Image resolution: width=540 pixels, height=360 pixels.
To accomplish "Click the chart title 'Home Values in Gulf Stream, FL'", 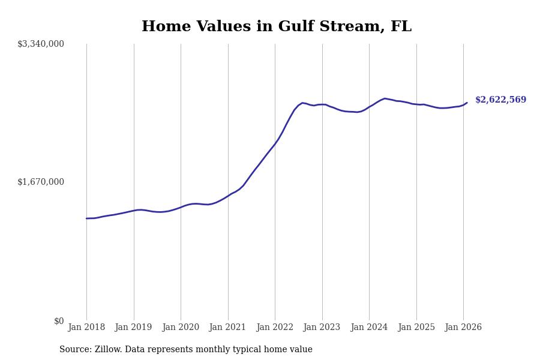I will coord(277,27).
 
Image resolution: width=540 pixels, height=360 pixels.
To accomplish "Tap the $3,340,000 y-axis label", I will coord(41,44).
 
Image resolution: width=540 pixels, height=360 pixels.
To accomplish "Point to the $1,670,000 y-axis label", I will coord(41,182).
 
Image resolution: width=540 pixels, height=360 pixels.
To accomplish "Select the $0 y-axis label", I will coord(59,321).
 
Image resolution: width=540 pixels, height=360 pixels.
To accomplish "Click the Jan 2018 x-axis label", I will coord(86,328).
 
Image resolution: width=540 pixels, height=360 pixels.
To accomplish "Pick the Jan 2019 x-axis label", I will coord(133,328).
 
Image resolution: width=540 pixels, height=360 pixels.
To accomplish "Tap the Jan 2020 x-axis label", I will coord(181,328).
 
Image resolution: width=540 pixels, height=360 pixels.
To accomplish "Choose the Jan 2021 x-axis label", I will coord(227,328).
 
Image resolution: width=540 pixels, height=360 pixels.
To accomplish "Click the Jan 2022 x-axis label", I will coord(275,328).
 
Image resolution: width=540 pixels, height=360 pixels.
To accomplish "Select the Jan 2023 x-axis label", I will coord(322,328).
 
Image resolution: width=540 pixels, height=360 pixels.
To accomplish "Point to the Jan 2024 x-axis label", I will coord(369,328).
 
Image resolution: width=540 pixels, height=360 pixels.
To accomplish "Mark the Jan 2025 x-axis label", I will coord(416,328).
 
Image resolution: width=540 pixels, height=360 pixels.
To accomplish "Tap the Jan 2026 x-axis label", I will coord(463,328).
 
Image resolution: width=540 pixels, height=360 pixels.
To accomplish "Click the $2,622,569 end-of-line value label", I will coord(500,100).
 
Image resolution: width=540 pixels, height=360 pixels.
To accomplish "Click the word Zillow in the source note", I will coord(109,350).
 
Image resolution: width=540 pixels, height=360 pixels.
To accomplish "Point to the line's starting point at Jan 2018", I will coord(86,218).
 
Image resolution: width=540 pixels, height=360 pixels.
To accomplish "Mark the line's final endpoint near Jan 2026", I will coord(467,103).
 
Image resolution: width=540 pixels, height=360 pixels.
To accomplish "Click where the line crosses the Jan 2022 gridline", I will coord(275,144).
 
